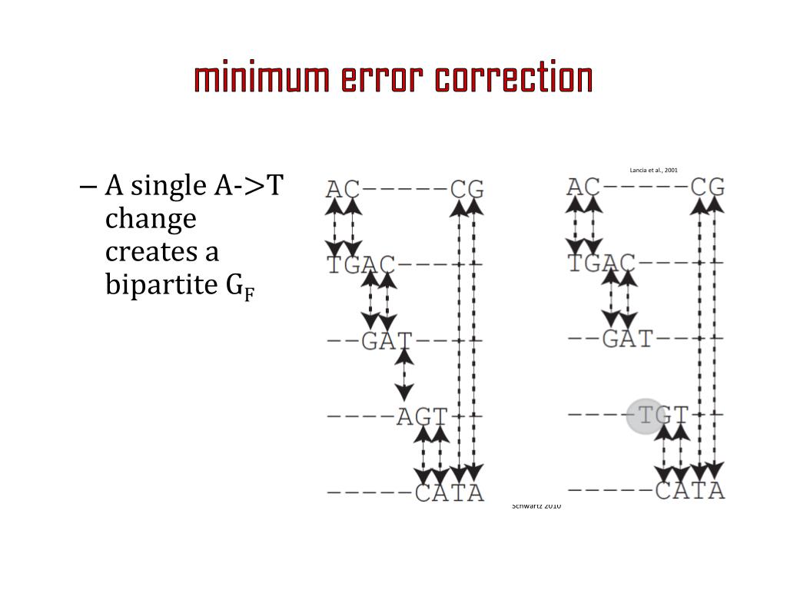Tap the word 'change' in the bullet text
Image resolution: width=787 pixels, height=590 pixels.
pyautogui.click(x=151, y=219)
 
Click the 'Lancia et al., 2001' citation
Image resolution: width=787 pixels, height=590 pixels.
pyautogui.click(x=653, y=170)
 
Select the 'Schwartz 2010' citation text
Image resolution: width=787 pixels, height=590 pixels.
pyautogui.click(x=536, y=505)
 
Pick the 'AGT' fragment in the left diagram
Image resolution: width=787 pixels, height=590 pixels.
pyautogui.click(x=421, y=417)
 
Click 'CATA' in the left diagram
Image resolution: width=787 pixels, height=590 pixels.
pyautogui.click(x=449, y=492)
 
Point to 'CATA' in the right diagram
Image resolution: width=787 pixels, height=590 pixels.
pyautogui.click(x=689, y=490)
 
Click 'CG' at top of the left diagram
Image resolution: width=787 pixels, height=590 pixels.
pyautogui.click(x=467, y=190)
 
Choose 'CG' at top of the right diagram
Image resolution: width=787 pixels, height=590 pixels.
pyautogui.click(x=707, y=187)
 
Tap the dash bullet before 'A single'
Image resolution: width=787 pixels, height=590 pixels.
pyautogui.click(x=87, y=187)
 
